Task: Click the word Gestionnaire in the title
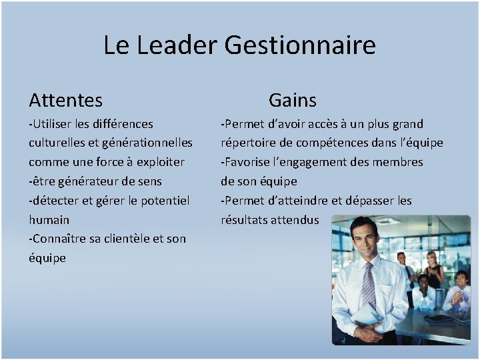click(x=300, y=45)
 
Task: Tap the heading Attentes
click(x=65, y=101)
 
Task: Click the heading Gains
click(x=292, y=101)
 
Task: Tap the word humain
click(x=49, y=220)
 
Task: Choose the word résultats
click(x=244, y=220)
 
